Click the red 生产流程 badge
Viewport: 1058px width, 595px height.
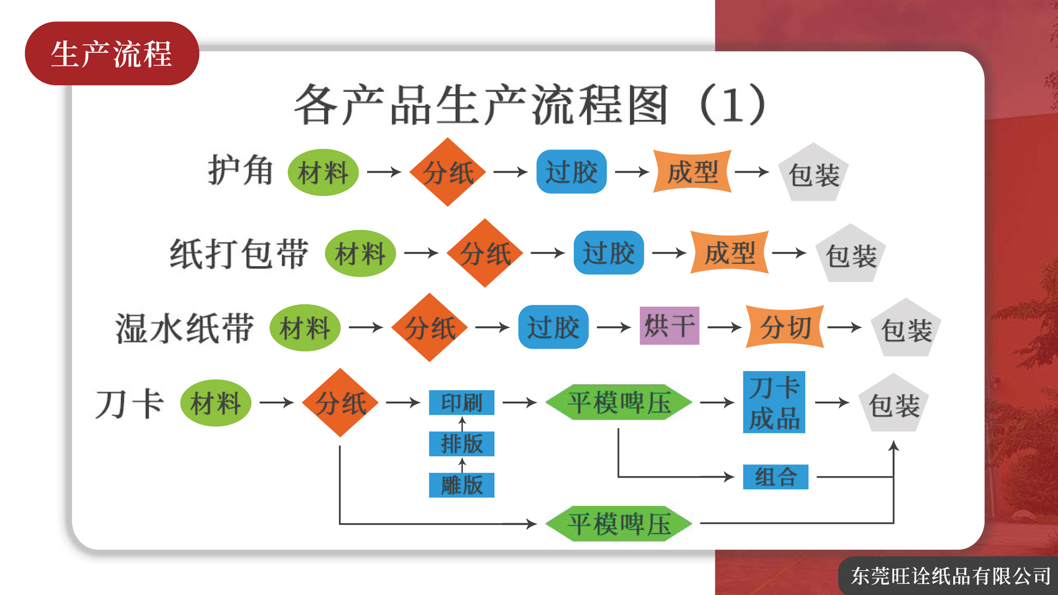[112, 53]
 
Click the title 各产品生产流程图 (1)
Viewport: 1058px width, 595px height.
[530, 105]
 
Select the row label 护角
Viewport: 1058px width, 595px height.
[240, 170]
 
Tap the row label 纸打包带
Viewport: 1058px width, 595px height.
[239, 253]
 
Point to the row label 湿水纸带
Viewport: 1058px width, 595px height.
[185, 328]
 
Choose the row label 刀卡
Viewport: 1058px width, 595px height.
[129, 404]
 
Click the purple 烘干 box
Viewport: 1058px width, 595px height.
[670, 326]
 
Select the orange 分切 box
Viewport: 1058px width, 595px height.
[785, 327]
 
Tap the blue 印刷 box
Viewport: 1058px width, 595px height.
[462, 402]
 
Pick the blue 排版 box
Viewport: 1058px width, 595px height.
[462, 443]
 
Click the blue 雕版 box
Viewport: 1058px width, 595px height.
[462, 485]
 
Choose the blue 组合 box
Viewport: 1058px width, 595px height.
[776, 477]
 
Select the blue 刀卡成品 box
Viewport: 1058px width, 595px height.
[774, 402]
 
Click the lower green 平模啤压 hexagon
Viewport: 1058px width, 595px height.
[619, 523]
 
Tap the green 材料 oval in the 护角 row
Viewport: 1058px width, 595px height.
[323, 172]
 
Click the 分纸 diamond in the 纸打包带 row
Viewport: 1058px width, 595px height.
[485, 253]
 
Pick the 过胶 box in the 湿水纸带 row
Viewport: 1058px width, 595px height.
[553, 327]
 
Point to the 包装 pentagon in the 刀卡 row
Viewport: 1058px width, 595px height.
[894, 404]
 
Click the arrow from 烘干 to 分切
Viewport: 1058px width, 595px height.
[725, 327]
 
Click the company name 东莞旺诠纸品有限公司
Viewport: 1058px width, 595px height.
[951, 576]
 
